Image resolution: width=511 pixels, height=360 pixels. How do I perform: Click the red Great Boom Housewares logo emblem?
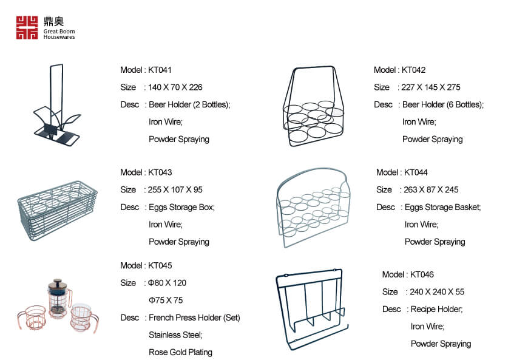click(27, 27)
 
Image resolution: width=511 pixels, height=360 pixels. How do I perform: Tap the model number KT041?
click(160, 70)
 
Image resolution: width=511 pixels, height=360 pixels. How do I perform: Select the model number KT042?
click(413, 70)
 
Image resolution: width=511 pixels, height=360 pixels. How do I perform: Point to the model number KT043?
click(160, 172)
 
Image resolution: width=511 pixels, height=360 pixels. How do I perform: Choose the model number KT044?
click(416, 172)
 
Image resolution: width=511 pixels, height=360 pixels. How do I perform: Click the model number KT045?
click(160, 266)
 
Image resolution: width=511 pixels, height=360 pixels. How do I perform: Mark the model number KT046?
click(422, 274)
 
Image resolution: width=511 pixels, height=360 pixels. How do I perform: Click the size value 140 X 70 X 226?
click(175, 87)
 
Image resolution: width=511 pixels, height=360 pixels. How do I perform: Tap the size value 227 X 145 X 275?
click(431, 87)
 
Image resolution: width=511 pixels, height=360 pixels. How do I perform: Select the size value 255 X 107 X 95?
click(175, 190)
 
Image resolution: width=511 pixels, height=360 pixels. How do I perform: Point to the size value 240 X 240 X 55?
click(437, 292)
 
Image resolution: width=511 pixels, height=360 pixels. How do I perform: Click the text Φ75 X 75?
click(166, 301)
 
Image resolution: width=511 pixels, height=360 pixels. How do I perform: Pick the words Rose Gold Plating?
click(180, 353)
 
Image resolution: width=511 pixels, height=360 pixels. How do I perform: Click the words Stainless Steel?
click(175, 335)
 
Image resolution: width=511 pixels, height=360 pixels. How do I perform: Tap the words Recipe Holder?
click(437, 309)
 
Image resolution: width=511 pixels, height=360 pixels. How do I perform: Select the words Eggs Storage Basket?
click(443, 208)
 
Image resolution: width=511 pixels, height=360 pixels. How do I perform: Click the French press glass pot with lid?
click(59, 298)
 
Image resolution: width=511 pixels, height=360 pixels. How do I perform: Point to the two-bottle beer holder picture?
click(56, 105)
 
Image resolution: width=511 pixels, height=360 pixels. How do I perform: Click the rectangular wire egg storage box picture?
click(58, 211)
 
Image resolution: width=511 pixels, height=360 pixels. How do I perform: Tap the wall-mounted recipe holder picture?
click(312, 309)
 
